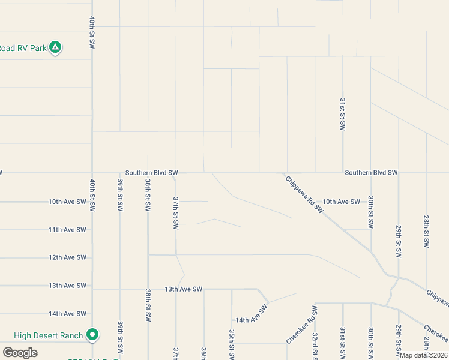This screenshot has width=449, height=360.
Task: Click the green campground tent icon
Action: point(55,47)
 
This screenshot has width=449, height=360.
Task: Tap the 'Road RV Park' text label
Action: point(23,48)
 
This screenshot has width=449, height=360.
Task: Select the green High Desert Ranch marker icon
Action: point(92,334)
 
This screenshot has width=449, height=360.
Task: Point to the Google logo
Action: point(20,353)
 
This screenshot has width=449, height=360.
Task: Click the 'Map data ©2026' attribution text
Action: point(423,355)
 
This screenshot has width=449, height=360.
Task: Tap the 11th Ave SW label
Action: point(67,230)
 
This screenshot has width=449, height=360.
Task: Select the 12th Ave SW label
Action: point(67,257)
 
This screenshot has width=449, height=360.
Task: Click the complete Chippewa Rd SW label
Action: point(304,193)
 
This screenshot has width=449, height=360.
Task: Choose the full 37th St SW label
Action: point(176,212)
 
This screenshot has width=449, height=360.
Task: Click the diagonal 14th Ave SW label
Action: point(252,316)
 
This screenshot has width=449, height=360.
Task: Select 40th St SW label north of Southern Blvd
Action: point(92,32)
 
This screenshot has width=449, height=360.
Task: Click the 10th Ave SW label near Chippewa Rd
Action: point(341,202)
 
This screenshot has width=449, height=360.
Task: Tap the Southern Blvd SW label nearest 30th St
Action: point(371,173)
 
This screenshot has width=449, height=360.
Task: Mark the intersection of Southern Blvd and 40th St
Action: point(92,173)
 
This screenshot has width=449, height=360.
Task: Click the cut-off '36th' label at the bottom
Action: point(203,353)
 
